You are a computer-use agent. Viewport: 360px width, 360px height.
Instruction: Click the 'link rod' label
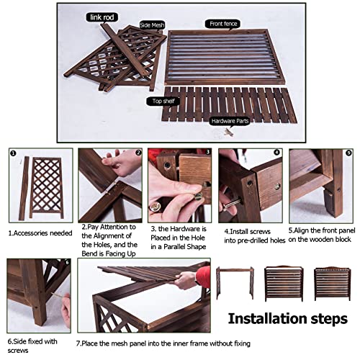pyautogui.click(x=102, y=17)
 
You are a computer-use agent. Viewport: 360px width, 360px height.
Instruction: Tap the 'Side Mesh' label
pyautogui.click(x=152, y=25)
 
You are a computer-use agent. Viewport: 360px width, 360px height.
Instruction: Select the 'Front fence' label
pyautogui.click(x=223, y=24)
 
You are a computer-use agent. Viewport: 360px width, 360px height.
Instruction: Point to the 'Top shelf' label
pyautogui.click(x=163, y=101)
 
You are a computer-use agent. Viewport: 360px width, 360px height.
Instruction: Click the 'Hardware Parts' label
pyautogui.click(x=230, y=121)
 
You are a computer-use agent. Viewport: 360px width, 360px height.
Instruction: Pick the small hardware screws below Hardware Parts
pyautogui.click(x=229, y=132)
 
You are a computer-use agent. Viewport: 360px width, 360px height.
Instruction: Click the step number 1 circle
pyautogui.click(x=14, y=153)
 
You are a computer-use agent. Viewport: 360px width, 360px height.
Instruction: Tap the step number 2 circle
pyautogui.click(x=138, y=153)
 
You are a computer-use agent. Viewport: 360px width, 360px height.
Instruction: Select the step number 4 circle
pyautogui.click(x=276, y=152)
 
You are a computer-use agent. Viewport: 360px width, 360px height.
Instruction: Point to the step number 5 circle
pyautogui.click(x=348, y=153)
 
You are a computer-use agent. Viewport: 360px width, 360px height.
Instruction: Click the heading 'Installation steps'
pyautogui.click(x=288, y=319)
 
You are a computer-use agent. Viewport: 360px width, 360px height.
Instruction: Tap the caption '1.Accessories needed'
pyautogui.click(x=40, y=233)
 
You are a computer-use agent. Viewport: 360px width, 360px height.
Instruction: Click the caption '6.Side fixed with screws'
pyautogui.click(x=32, y=346)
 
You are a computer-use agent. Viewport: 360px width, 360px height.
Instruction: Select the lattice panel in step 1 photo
pyautogui.click(x=46, y=188)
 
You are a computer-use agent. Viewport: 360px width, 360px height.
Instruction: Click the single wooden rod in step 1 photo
pyautogui.click(x=24, y=188)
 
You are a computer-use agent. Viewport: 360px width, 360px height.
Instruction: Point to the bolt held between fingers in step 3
pyautogui.click(x=198, y=197)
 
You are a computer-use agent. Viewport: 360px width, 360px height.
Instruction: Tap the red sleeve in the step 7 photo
pyautogui.click(x=203, y=277)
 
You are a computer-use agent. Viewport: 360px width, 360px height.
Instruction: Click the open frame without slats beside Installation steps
pyautogui.click(x=235, y=283)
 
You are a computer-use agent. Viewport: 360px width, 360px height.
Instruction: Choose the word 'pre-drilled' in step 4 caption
pyautogui.click(x=255, y=240)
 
